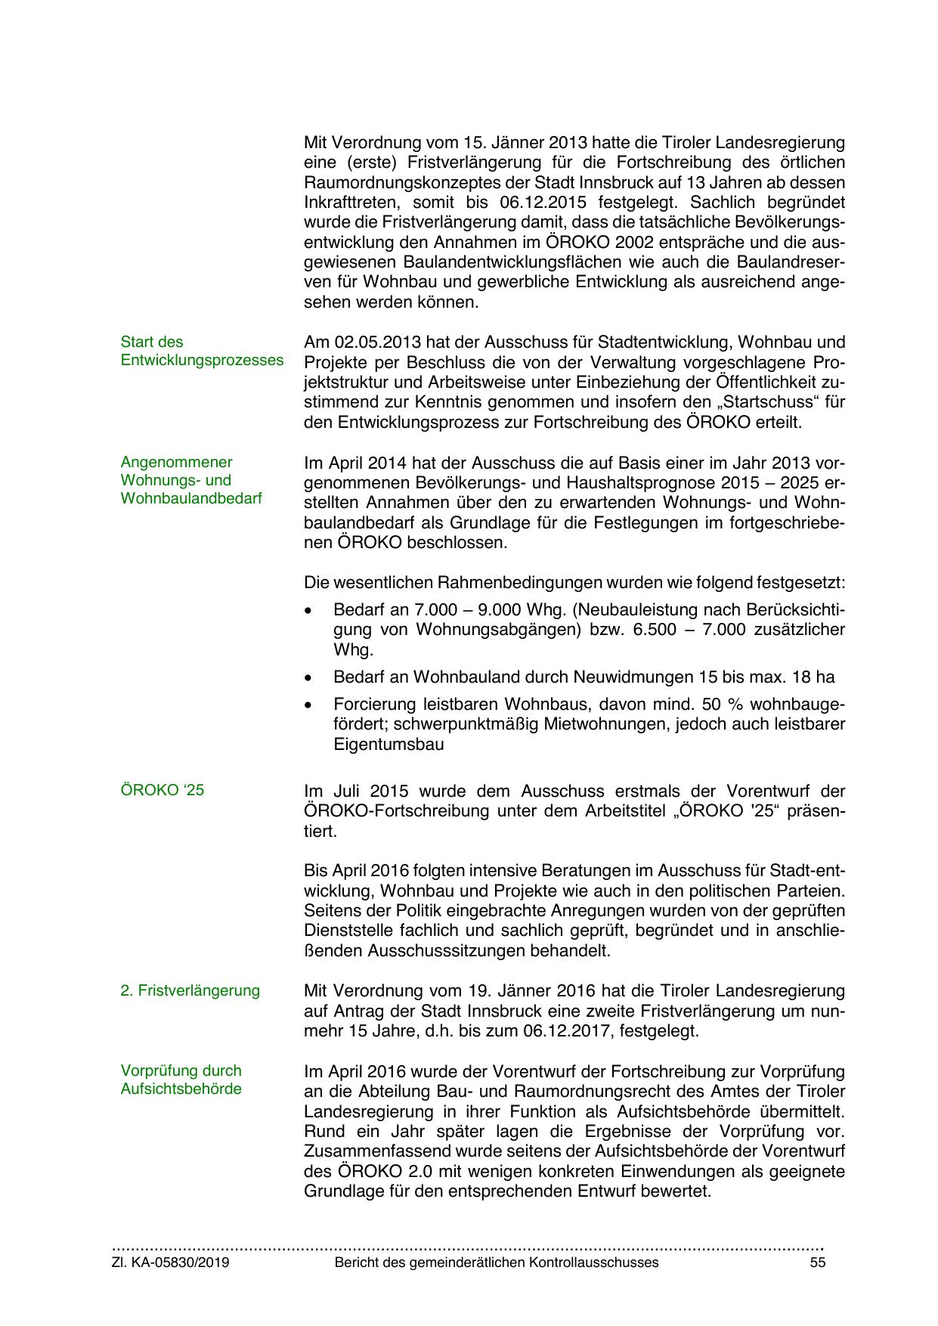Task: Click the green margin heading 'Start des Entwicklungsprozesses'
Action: tap(202, 351)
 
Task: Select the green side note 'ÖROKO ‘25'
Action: tap(162, 790)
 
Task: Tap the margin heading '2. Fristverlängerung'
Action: tap(190, 990)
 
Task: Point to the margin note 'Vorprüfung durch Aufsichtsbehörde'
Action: tap(181, 1080)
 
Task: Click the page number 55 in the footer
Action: tap(817, 1262)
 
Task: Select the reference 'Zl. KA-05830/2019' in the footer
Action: tap(170, 1262)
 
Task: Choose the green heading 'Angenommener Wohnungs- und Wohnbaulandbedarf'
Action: tap(191, 480)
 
